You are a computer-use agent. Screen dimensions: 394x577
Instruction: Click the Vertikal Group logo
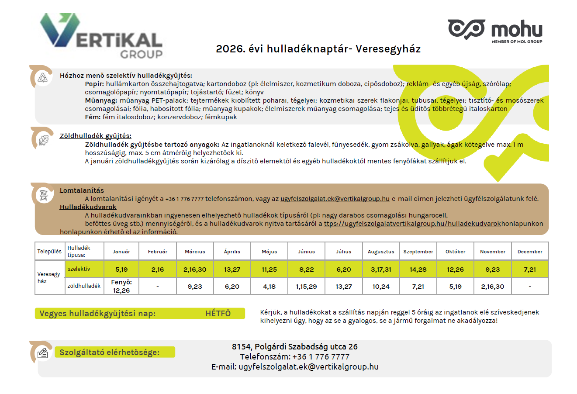pyautogui.click(x=101, y=36)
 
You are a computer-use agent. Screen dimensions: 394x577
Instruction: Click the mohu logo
pyautogui.click(x=495, y=30)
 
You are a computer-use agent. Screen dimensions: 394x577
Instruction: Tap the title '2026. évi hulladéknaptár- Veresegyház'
pyautogui.click(x=318, y=49)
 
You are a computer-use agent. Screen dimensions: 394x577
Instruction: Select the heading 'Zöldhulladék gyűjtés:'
pyautogui.click(x=95, y=136)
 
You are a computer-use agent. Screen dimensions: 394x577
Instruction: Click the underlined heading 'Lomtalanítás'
pyautogui.click(x=82, y=190)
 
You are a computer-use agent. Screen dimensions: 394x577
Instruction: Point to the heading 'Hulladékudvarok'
pyautogui.click(x=88, y=207)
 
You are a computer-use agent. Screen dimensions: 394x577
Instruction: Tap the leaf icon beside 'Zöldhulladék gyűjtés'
pyautogui.click(x=43, y=140)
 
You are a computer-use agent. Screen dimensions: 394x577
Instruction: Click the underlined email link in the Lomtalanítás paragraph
pyautogui.click(x=335, y=198)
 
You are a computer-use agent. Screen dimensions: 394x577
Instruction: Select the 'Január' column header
pyautogui.click(x=121, y=252)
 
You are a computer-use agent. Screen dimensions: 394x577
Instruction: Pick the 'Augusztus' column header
pyautogui.click(x=381, y=252)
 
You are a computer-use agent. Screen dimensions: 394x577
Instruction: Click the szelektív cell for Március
pyautogui.click(x=195, y=270)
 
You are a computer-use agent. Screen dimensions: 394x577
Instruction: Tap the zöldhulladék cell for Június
pyautogui.click(x=306, y=287)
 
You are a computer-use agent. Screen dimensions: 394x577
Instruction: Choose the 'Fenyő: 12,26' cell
pyautogui.click(x=121, y=286)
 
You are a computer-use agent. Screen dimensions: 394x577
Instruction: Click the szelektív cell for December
pyautogui.click(x=530, y=270)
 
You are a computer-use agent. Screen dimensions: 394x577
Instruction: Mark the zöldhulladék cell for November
pyautogui.click(x=492, y=287)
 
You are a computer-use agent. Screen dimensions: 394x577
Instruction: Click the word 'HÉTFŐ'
pyautogui.click(x=218, y=314)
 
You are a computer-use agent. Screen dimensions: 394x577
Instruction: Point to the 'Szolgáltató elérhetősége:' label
pyautogui.click(x=110, y=353)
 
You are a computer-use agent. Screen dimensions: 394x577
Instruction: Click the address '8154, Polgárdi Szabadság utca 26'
pyautogui.click(x=294, y=346)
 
